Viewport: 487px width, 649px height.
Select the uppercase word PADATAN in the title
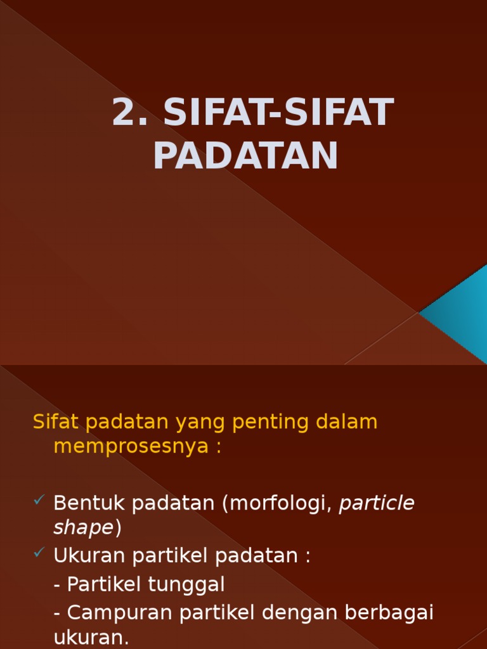click(x=246, y=155)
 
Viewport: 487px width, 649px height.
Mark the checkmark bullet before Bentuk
click(x=39, y=501)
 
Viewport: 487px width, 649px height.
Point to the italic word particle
click(x=377, y=503)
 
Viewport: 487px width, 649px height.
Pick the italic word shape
click(x=83, y=527)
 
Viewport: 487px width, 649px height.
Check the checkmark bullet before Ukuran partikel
click(x=39, y=554)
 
